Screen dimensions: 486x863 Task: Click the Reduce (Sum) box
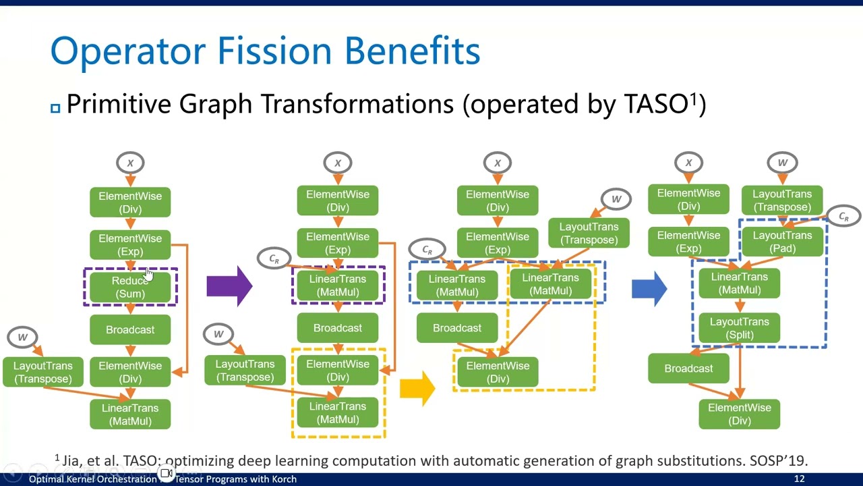130,287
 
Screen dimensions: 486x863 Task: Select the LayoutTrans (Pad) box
782,242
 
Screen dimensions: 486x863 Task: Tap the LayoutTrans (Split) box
739,328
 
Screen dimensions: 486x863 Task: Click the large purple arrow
229,286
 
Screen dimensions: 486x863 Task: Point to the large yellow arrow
417,388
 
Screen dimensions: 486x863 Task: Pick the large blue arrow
649,288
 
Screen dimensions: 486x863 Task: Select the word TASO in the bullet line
655,104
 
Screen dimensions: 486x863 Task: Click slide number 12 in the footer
799,479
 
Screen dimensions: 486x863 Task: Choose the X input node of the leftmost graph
130,163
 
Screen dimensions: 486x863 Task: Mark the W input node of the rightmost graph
782,163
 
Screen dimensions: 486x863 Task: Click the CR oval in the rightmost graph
843,217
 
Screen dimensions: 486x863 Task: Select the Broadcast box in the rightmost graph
688,369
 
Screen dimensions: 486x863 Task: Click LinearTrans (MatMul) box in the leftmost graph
130,414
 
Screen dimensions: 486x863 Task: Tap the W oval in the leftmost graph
22,337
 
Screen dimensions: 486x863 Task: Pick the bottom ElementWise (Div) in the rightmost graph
739,414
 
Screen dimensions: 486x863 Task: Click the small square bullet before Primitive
55,107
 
